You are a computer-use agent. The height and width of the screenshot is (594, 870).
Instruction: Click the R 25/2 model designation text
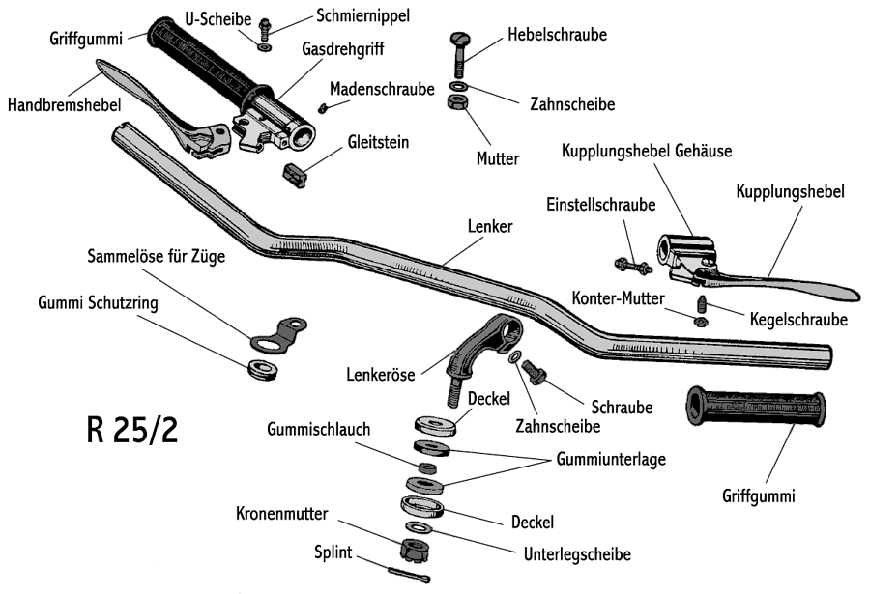point(131,430)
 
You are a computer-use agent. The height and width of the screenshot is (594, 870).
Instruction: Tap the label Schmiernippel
point(362,14)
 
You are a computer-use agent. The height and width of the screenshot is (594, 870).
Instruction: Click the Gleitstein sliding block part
point(294,173)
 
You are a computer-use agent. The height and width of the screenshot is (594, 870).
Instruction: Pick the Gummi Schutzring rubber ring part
point(261,367)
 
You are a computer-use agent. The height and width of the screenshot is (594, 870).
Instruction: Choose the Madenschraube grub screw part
point(326,108)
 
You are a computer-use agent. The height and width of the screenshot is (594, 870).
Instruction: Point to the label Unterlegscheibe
point(577,554)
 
